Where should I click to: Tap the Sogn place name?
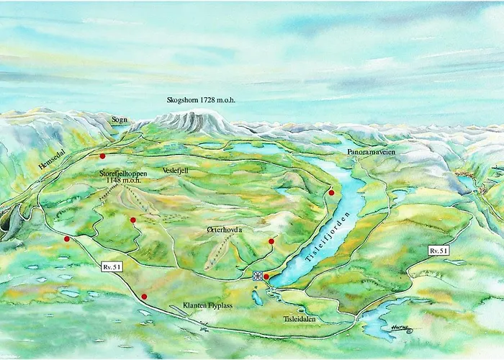(x=120, y=120)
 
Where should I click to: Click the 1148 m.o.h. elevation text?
(x=124, y=181)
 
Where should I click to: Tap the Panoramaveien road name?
(x=371, y=153)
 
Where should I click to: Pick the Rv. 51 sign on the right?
(x=438, y=250)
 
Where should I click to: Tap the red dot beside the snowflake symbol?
(x=266, y=276)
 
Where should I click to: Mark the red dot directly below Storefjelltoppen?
(x=133, y=220)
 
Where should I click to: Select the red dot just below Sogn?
(x=103, y=156)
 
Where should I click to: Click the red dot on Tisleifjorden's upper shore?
(x=331, y=192)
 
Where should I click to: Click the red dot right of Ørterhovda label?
(x=271, y=241)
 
